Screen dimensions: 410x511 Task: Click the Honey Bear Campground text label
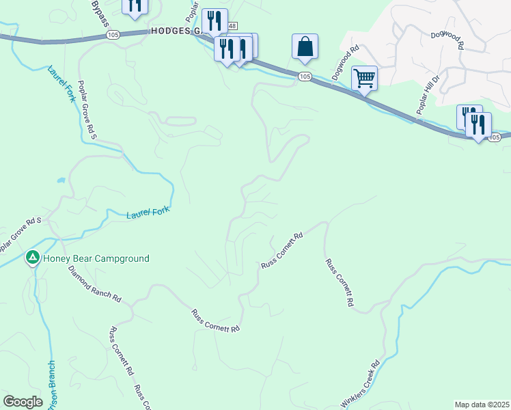click(x=96, y=258)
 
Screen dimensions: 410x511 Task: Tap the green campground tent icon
click(x=32, y=258)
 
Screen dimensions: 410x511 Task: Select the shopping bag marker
click(x=305, y=46)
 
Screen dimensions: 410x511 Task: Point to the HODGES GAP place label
click(x=174, y=31)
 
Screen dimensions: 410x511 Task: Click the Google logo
click(x=23, y=402)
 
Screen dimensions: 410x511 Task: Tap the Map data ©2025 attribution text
click(x=482, y=404)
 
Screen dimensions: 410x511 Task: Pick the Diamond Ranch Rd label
click(x=95, y=284)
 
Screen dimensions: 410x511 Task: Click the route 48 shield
click(x=232, y=25)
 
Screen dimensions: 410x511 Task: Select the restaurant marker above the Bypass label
click(x=135, y=5)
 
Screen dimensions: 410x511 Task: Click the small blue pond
click(x=61, y=180)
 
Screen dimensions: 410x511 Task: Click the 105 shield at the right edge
click(x=495, y=138)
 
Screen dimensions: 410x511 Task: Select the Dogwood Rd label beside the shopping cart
click(x=345, y=64)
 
